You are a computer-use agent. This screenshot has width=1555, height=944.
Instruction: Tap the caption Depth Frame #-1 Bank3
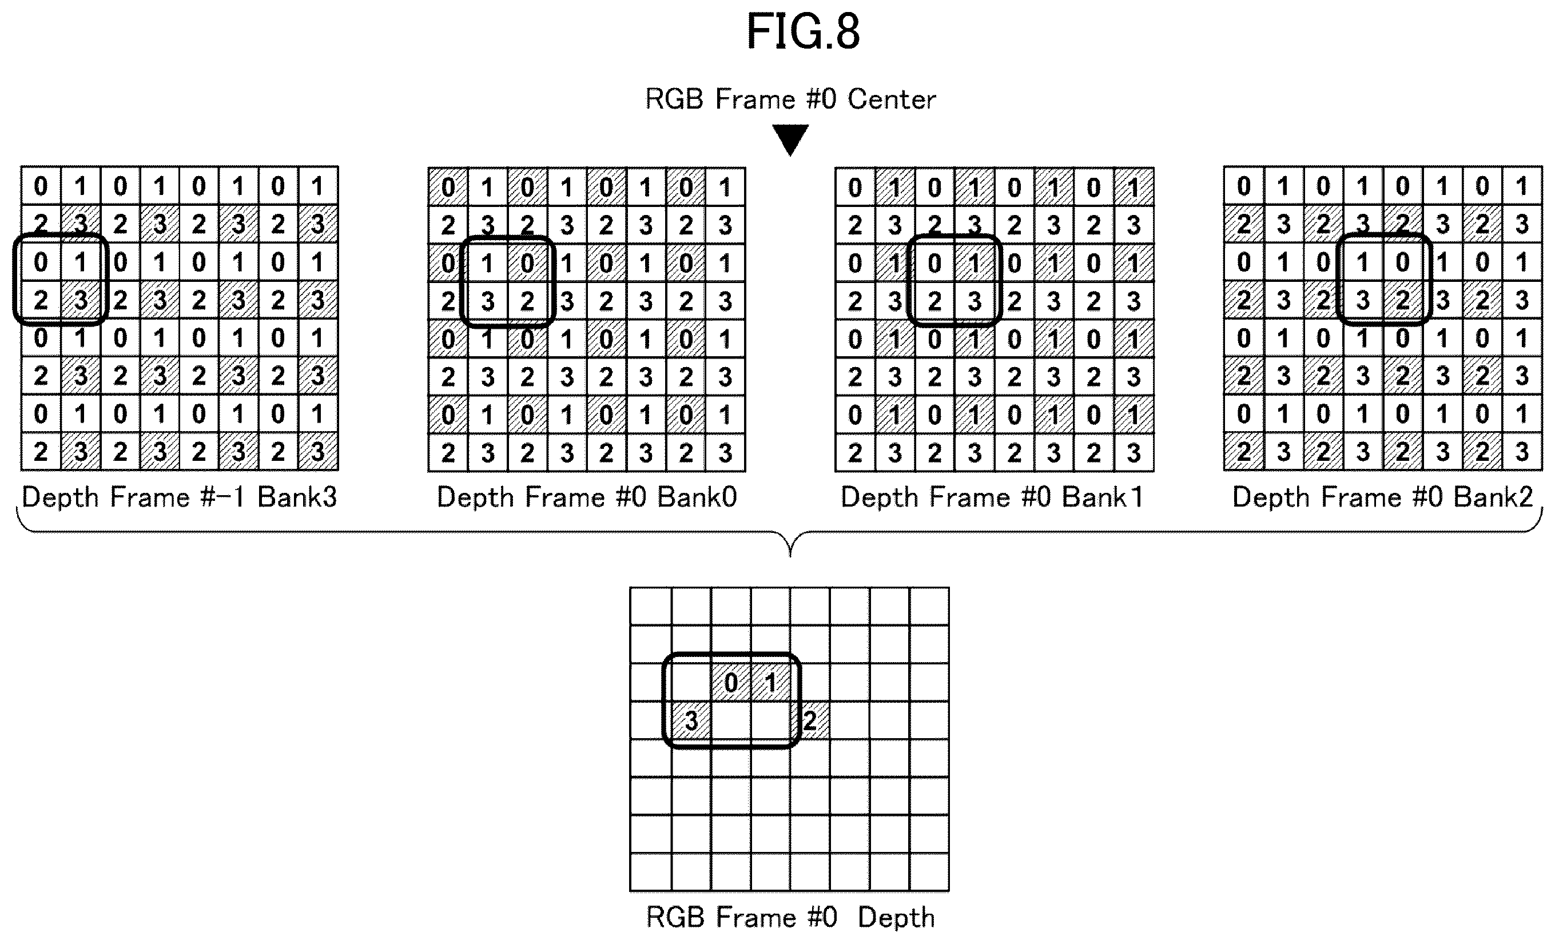[x=179, y=497]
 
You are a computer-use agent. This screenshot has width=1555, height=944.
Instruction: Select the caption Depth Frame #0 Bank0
[x=587, y=497]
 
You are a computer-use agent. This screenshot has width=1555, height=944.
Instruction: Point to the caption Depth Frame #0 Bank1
[x=992, y=497]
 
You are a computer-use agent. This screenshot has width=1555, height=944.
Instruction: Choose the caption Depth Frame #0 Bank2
[x=1382, y=497]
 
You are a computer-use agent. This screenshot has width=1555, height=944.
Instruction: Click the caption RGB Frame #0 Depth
[x=790, y=918]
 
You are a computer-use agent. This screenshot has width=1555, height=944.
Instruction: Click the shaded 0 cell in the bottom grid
[x=731, y=682]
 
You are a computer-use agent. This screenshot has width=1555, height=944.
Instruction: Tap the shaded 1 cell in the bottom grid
[x=770, y=682]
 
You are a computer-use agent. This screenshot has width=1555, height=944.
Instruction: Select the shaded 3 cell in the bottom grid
[x=691, y=720]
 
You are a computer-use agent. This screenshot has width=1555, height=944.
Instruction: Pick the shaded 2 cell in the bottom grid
[x=810, y=720]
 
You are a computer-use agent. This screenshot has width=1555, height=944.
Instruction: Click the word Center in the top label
[x=891, y=99]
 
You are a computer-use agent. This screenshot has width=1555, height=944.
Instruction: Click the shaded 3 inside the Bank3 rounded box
[x=80, y=300]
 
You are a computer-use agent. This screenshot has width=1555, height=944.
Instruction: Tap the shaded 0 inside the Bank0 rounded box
[x=527, y=263]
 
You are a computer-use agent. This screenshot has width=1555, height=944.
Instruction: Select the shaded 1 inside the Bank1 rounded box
[x=974, y=263]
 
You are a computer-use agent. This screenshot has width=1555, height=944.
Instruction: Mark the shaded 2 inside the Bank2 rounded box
[x=1402, y=300]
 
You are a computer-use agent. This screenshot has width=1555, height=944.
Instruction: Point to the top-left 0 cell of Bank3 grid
[x=41, y=186]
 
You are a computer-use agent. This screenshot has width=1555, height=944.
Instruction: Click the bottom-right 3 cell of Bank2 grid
[x=1522, y=452]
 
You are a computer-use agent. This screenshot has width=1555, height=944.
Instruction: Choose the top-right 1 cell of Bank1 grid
[x=1134, y=187]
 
